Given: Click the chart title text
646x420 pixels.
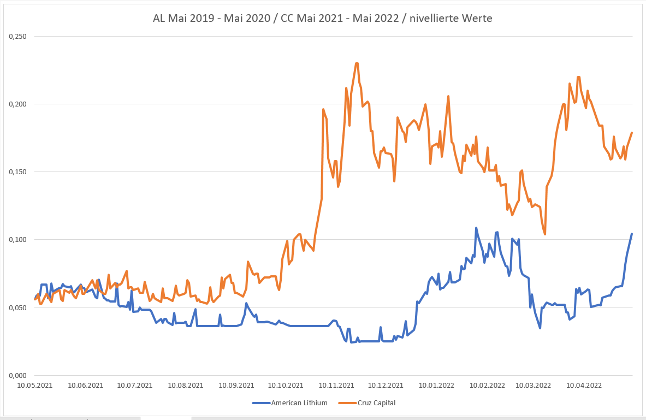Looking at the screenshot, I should [x=323, y=19].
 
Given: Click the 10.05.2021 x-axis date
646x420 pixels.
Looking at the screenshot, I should [x=35, y=385].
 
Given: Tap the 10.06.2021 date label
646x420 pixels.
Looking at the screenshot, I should [x=85, y=385].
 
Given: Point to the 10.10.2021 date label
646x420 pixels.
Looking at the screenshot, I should [x=285, y=385].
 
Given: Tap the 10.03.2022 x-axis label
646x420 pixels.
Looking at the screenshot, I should [x=534, y=385].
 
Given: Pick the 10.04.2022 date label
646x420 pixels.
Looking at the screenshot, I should [x=584, y=385].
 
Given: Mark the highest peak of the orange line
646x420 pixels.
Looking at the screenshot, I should [x=357, y=63].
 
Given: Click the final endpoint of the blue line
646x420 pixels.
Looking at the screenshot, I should [x=632, y=234].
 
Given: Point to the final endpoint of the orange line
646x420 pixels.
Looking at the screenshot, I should [x=632, y=133].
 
